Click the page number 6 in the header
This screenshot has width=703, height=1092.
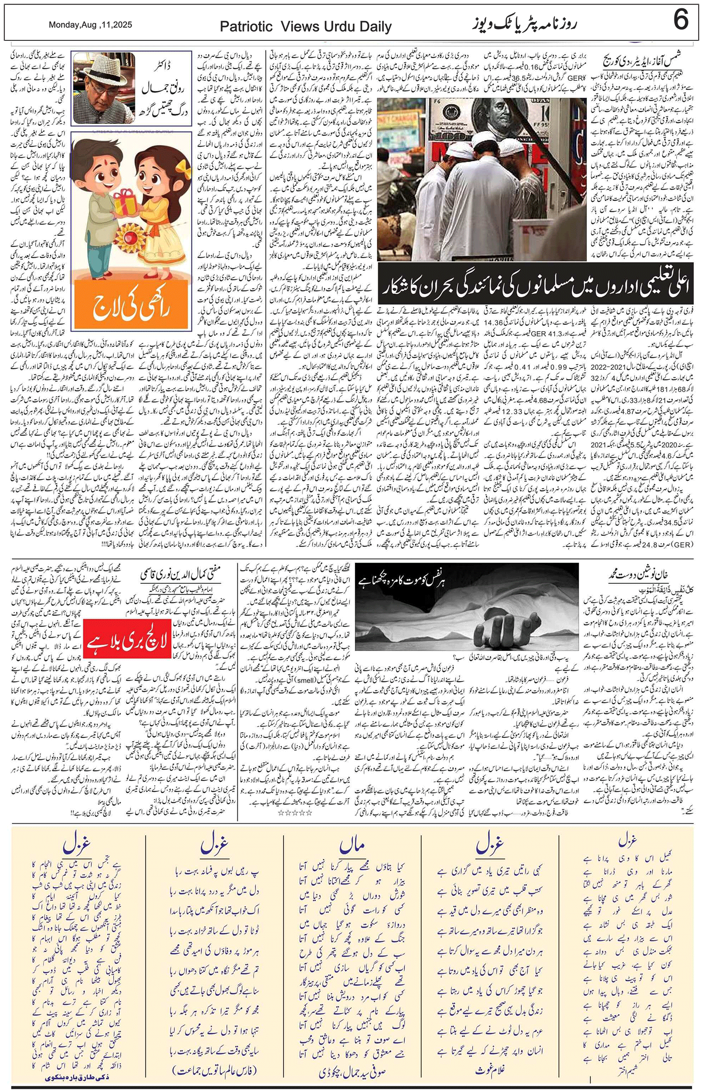click(681, 22)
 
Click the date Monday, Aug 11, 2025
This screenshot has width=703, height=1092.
click(91, 25)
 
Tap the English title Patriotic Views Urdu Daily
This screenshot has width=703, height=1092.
click(305, 27)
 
